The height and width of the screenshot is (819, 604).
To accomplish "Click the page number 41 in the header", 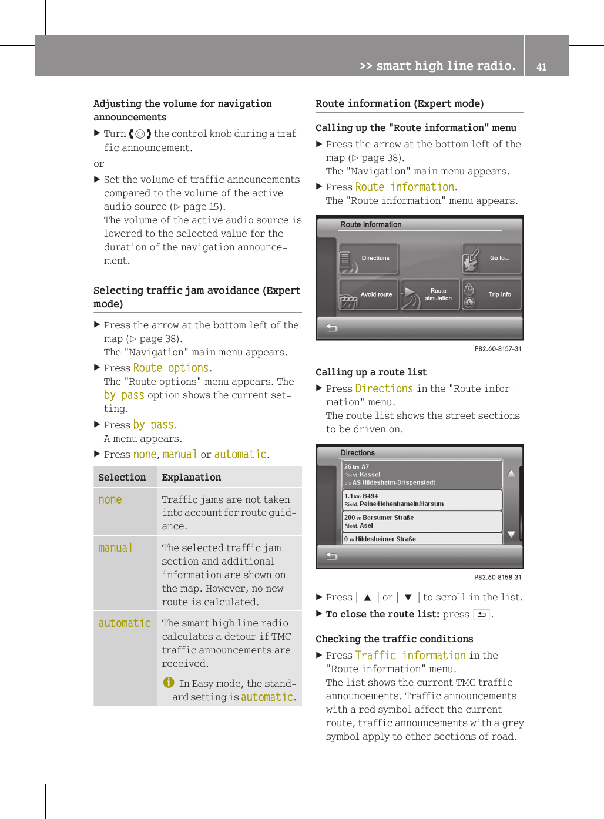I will (x=541, y=67).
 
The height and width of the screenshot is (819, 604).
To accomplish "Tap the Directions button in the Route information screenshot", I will (x=369, y=259).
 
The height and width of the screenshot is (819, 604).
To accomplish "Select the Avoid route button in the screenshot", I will (x=369, y=294).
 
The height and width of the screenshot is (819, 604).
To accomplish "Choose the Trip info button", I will (x=492, y=294).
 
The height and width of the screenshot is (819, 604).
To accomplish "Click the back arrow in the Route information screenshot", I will (x=332, y=328).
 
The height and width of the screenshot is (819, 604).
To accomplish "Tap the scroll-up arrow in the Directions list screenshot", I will (x=511, y=474).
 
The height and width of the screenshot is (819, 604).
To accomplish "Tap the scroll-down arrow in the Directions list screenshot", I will (x=511, y=534).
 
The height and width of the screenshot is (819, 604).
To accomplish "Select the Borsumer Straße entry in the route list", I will (x=422, y=521).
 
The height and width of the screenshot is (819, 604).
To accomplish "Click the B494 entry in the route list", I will (x=422, y=500).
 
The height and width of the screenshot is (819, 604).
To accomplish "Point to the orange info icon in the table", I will (x=169, y=682).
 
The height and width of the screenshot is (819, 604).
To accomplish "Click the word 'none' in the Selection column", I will (x=110, y=500).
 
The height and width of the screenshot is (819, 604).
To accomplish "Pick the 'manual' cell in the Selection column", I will (x=115, y=548).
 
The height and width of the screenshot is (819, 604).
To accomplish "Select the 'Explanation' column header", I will (x=192, y=478).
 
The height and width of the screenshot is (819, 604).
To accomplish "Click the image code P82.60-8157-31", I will (x=498, y=349).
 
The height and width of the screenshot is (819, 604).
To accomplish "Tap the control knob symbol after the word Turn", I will (x=140, y=134).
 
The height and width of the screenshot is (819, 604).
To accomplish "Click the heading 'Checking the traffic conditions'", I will (x=394, y=639).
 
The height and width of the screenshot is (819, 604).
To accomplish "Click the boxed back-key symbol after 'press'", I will (x=481, y=615).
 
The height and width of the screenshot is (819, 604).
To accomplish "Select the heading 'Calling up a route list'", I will (x=371, y=372).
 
